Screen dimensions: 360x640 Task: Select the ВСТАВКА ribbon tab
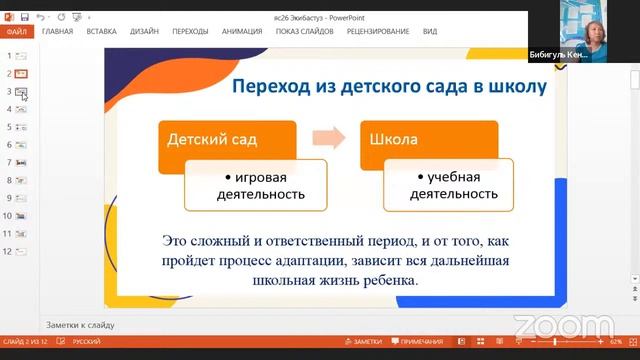tap(102, 31)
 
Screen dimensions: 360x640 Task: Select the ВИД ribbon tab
tap(430, 31)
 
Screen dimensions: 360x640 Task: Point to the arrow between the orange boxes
tap(326, 137)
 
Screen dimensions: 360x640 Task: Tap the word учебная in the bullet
tap(460, 177)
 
